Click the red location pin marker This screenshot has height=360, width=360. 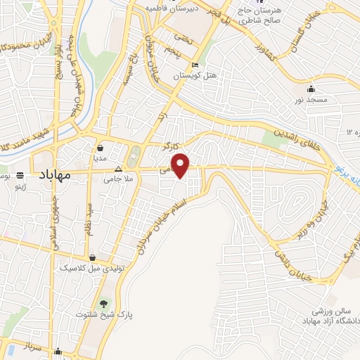[x=181, y=166]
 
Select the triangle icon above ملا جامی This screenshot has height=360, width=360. [x=118, y=169]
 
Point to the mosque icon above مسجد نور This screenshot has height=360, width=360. [x=311, y=89]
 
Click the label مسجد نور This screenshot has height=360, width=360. [x=311, y=101]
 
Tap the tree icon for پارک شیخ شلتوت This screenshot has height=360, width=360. [x=104, y=303]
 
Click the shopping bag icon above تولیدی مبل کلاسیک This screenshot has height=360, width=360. [x=94, y=258]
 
